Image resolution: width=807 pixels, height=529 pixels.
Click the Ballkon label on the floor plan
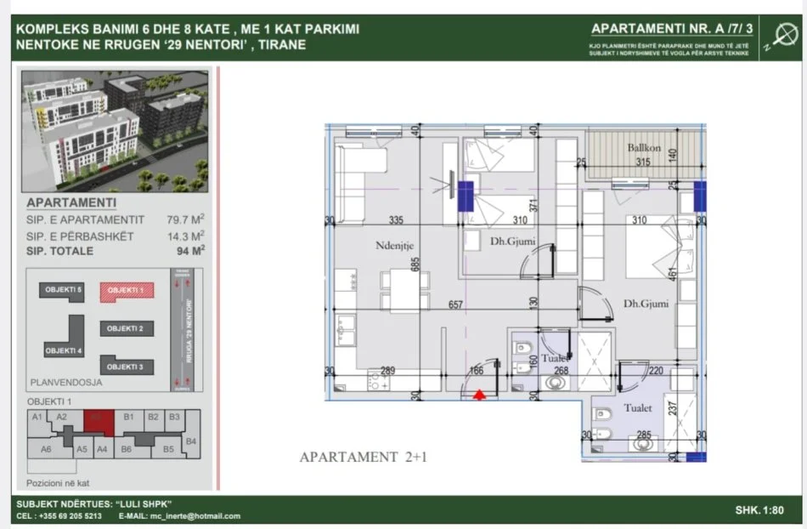pos(644,148)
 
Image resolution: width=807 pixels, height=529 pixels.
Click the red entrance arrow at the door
pos(480,395)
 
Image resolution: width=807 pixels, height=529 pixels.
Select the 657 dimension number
pos(456,304)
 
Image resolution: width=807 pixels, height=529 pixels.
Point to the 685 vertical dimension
pos(415,264)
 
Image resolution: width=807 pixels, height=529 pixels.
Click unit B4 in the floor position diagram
pos(191,441)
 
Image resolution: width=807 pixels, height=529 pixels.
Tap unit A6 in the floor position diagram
pos(47,448)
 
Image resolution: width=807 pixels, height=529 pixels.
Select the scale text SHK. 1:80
pos(760,510)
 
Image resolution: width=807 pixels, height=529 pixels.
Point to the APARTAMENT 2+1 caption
pos(361,458)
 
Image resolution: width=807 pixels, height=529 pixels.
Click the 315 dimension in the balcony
pos(643,162)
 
